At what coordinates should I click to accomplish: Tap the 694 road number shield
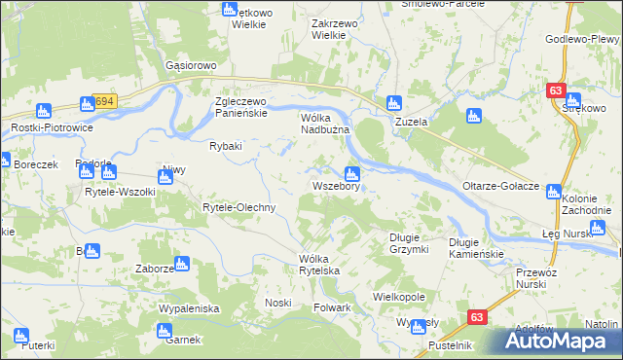[x=104, y=101]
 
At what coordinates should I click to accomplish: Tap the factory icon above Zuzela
[x=394, y=102]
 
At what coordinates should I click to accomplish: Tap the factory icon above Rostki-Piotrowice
[x=44, y=111]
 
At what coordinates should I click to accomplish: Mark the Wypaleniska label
[x=189, y=308]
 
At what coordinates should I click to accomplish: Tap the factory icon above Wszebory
[x=352, y=173]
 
